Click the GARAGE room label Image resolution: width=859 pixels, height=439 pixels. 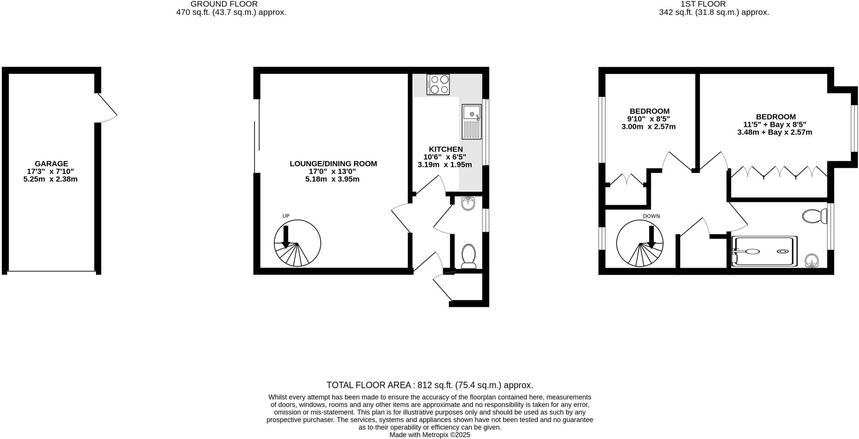(x=51, y=164)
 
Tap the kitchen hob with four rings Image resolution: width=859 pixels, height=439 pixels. (x=438, y=84)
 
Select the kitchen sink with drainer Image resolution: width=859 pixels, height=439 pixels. (x=472, y=122)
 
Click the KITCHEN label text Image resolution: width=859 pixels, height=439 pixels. (x=445, y=149)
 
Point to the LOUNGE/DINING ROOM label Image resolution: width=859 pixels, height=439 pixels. (x=333, y=164)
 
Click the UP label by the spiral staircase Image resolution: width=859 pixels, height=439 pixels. (x=286, y=216)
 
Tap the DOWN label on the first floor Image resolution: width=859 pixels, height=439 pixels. (x=651, y=216)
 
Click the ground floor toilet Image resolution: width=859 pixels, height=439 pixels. (x=469, y=256)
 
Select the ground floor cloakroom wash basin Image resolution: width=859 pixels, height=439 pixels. (x=468, y=204)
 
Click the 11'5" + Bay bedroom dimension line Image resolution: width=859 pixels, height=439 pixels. (x=775, y=125)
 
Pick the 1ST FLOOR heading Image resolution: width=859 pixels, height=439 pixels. (x=714, y=4)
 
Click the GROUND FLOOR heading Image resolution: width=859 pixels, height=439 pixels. (x=224, y=4)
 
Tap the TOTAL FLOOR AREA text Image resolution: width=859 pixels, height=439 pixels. (x=429, y=385)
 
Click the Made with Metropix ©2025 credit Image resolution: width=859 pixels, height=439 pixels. (x=429, y=435)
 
